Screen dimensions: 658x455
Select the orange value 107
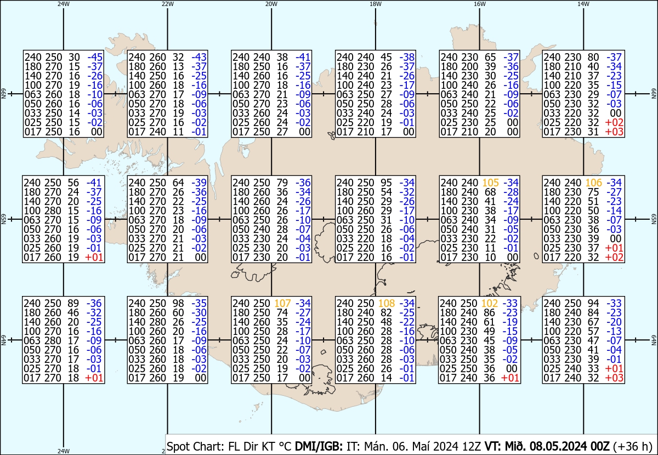pyautogui.click(x=282, y=303)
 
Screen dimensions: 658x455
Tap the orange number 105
pyautogui.click(x=490, y=183)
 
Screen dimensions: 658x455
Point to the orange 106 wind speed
pyautogui.click(x=594, y=183)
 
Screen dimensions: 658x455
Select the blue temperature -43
pyautogui.click(x=199, y=57)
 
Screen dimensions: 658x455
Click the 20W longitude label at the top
pyautogui.click(x=271, y=4)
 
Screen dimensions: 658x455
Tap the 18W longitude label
pyautogui.click(x=376, y=4)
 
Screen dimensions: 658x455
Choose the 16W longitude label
pyautogui.click(x=479, y=4)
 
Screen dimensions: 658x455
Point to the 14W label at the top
pyautogui.click(x=583, y=4)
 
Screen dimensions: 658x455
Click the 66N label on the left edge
pyautogui.click(x=3, y=94)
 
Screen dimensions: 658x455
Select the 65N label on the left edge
pyautogui.click(x=3, y=219)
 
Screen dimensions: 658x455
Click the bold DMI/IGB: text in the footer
pyautogui.click(x=319, y=446)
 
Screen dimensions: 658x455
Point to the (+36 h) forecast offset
pyautogui.click(x=632, y=446)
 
